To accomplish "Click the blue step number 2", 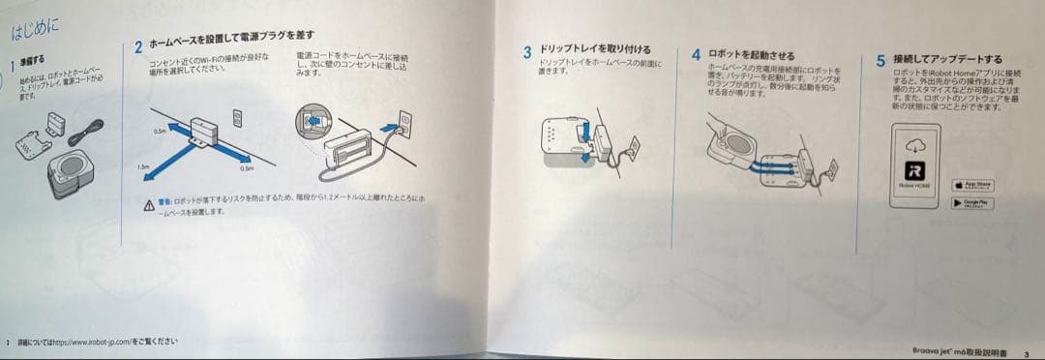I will click(139, 45).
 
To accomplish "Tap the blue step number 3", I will click(527, 50).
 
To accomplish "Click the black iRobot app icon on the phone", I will click(914, 170).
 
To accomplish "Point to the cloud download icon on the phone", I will click(914, 145).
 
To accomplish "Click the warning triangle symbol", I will click(148, 205).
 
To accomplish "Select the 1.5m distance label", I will click(143, 167).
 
